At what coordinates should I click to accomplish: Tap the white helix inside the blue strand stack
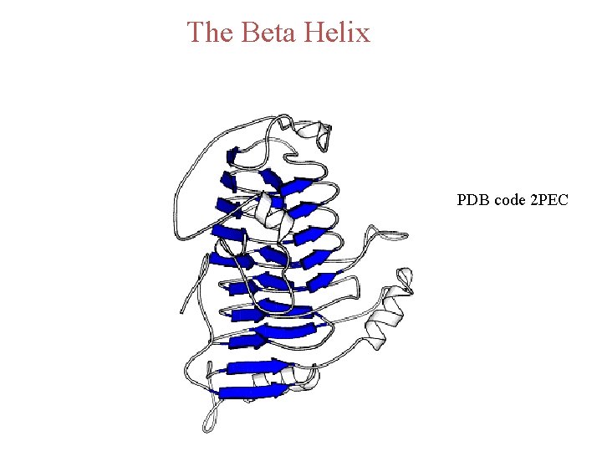pyautogui.click(x=273, y=211)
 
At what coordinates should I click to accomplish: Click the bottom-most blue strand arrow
pyautogui.click(x=251, y=392)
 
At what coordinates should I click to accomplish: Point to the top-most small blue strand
pyautogui.click(x=234, y=155)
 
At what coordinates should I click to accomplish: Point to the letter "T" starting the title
pyautogui.click(x=196, y=33)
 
